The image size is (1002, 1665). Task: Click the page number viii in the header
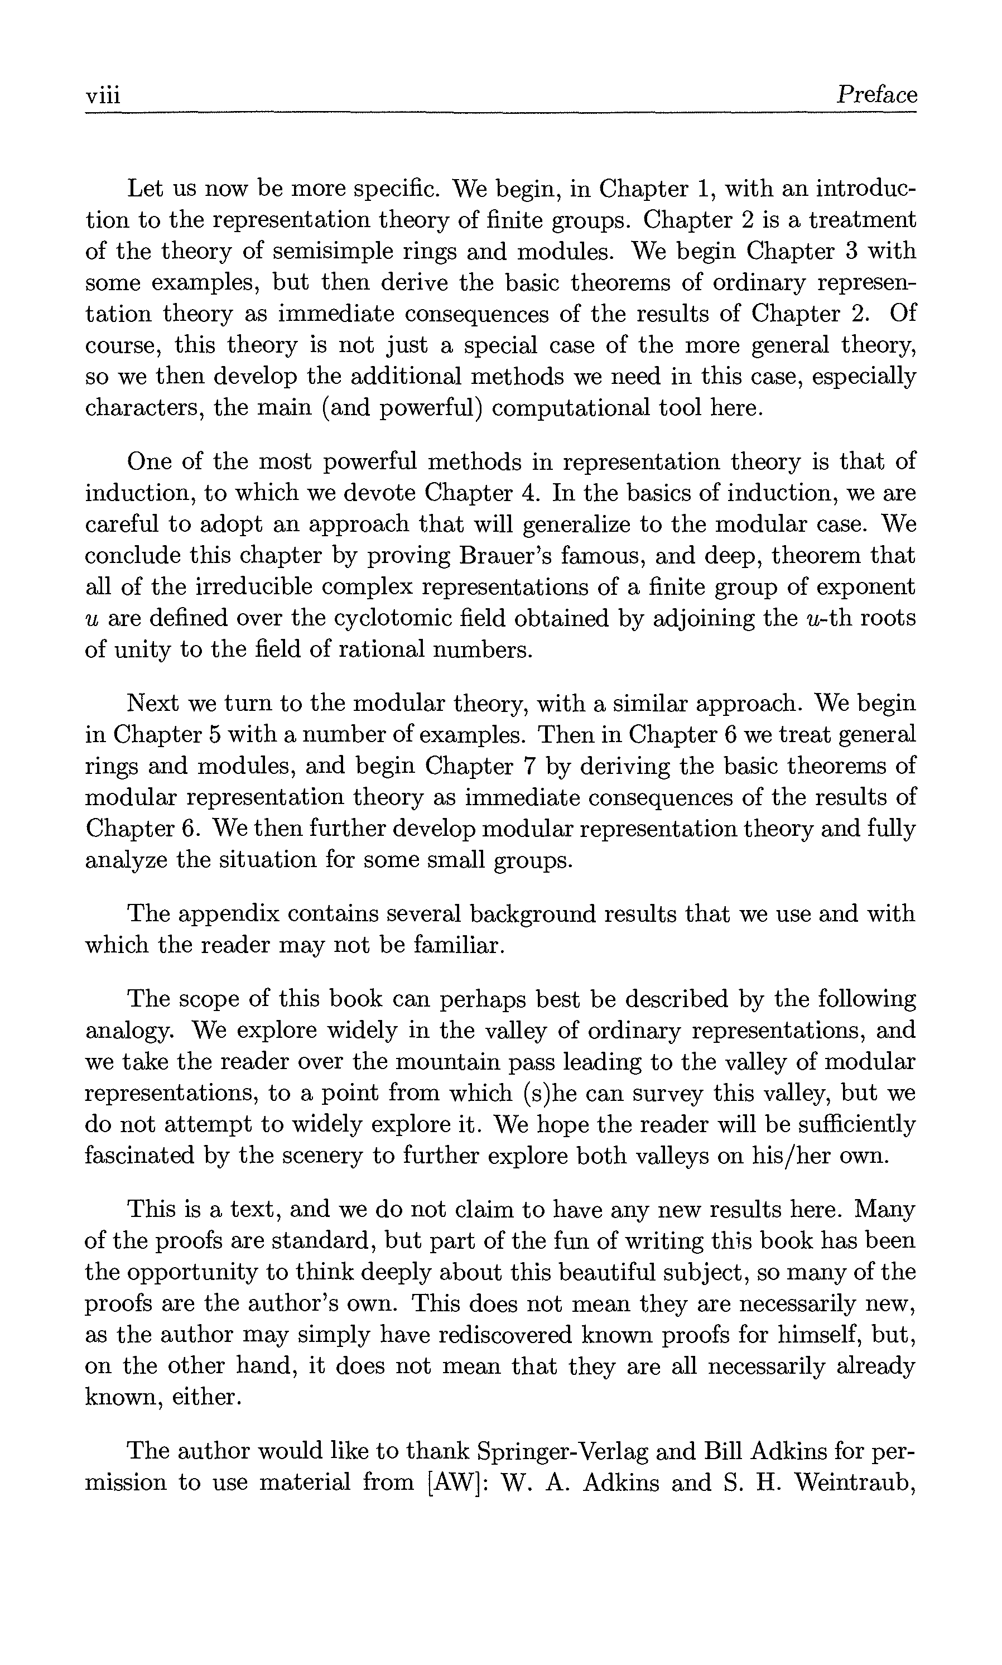tap(103, 95)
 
